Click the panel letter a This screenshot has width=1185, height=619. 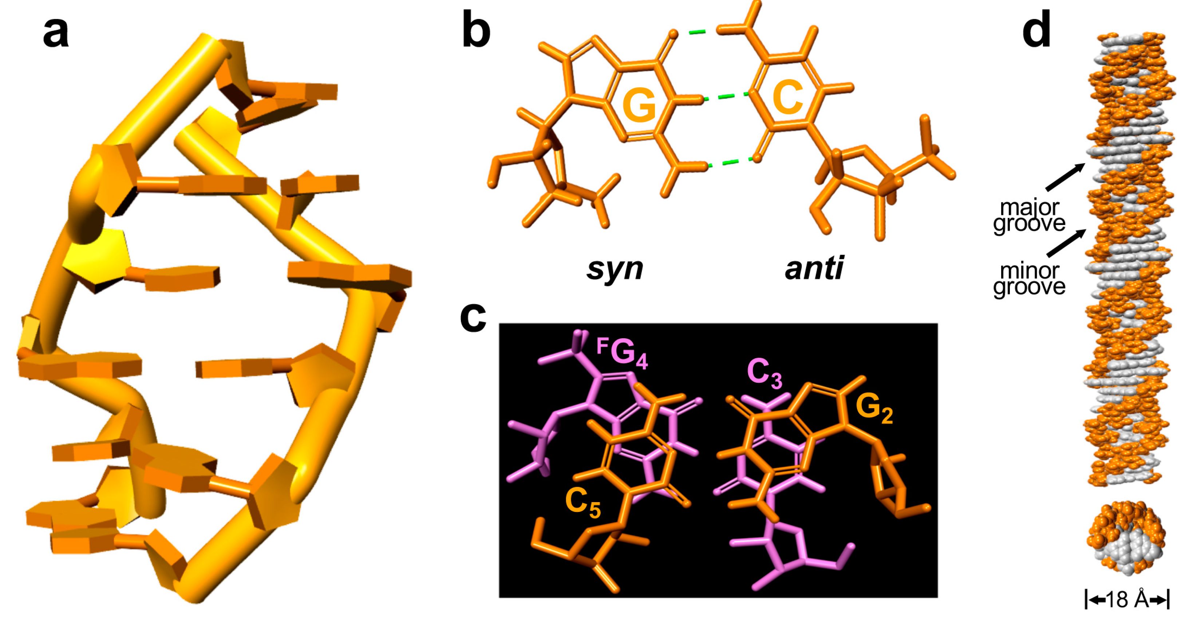(56, 33)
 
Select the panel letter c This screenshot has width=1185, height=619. (473, 317)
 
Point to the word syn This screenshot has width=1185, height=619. (615, 269)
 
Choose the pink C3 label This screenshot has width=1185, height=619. (764, 373)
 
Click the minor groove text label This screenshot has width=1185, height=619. (1029, 279)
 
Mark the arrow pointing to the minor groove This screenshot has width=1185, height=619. (1066, 243)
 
